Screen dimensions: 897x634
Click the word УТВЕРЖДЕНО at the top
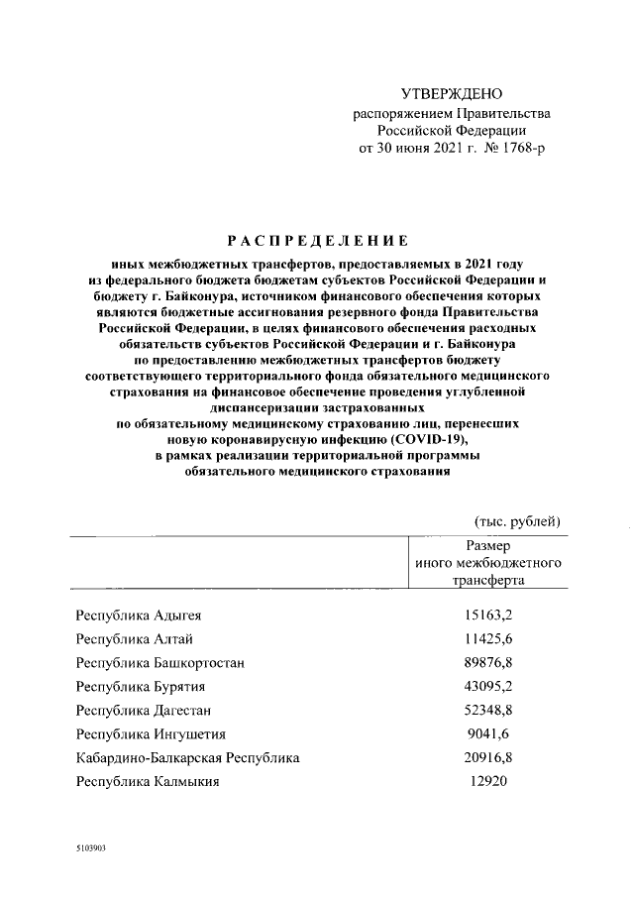tap(451, 94)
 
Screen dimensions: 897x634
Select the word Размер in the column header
tap(487, 546)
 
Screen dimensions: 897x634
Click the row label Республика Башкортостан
tap(160, 663)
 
